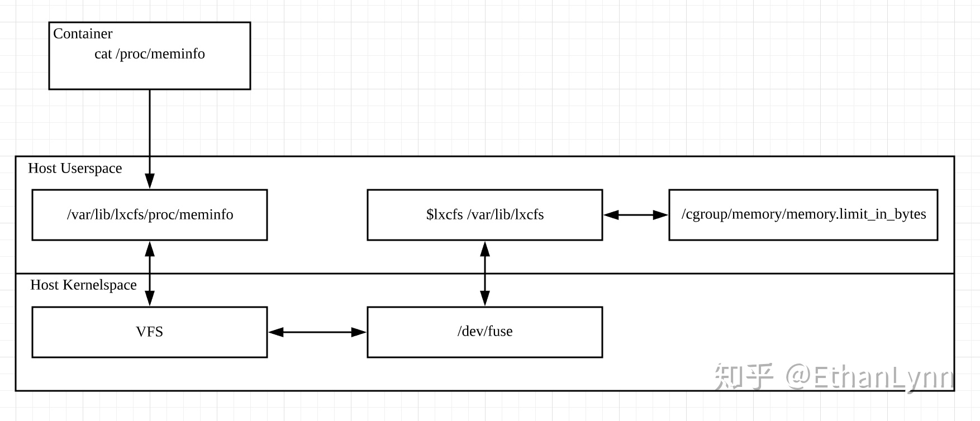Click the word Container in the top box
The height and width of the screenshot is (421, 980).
[83, 34]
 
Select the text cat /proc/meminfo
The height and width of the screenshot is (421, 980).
[150, 54]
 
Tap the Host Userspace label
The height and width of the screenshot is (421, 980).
[75, 169]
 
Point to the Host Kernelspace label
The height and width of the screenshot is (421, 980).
[83, 285]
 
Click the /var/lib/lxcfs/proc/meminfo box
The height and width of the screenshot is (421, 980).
[150, 215]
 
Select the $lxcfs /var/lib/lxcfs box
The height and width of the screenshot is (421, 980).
[484, 215]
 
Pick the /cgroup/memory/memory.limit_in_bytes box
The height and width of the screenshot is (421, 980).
[803, 215]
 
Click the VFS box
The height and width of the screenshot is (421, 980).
[150, 332]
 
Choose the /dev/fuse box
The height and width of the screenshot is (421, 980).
[484, 332]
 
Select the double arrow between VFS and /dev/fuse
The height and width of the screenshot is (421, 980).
[317, 332]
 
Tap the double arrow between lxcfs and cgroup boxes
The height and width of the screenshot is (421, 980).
[636, 215]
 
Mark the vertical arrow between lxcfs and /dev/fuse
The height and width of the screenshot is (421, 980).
[485, 274]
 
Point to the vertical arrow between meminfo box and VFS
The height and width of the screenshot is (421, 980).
[150, 274]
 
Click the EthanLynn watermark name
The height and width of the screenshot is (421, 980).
[883, 377]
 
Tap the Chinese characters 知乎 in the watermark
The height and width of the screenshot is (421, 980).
[744, 376]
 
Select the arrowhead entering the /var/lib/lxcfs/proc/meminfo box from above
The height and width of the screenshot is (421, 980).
[150, 181]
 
